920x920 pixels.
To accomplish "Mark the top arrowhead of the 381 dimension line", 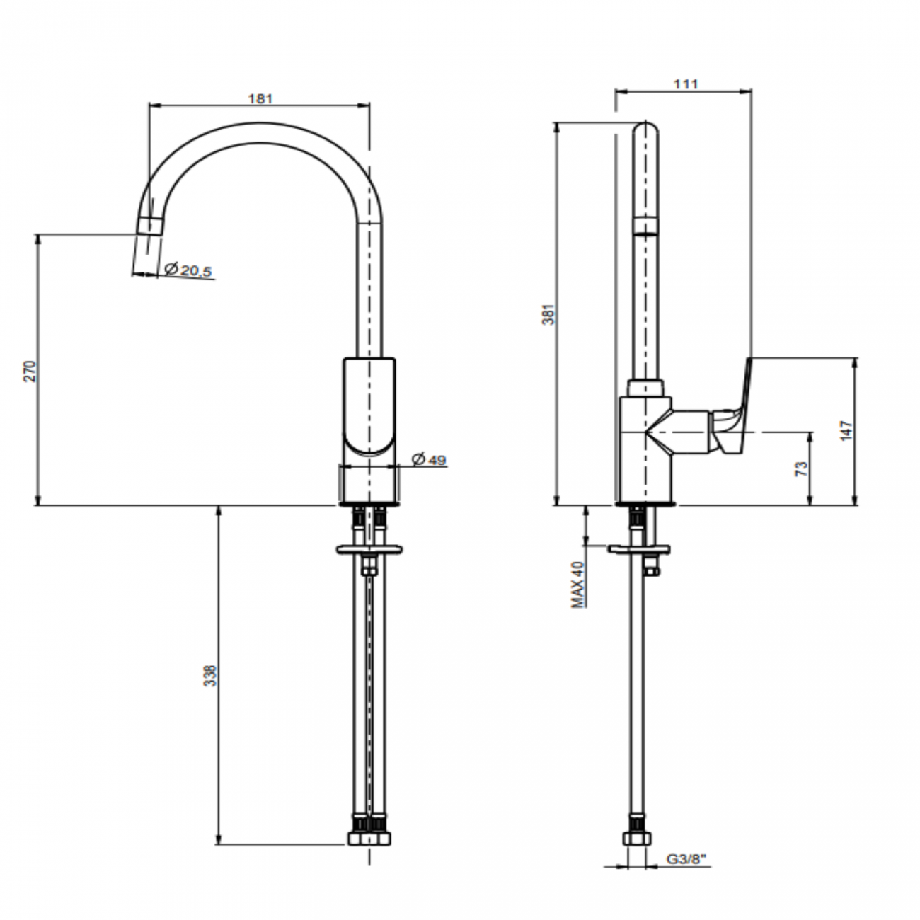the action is click(556, 127).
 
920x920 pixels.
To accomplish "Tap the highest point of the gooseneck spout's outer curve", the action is click(260, 122).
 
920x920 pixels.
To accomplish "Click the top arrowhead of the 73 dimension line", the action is click(810, 437).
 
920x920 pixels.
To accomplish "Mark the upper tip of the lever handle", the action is click(750, 358).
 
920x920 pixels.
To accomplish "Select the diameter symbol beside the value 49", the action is click(418, 459).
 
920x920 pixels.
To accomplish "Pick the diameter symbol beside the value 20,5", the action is click(171, 269).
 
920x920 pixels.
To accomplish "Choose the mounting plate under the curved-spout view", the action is click(369, 549).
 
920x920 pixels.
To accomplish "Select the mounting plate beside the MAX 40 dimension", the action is click(639, 549).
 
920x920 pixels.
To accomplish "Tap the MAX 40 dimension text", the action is click(578, 585).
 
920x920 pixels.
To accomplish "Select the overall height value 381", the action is click(549, 314).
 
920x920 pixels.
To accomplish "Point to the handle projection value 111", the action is click(686, 84).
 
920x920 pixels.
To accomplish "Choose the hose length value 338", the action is click(210, 676).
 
